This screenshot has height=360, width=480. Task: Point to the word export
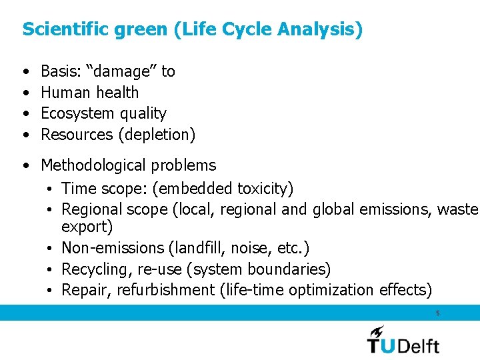[x=87, y=227]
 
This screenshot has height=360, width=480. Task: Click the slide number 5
[x=437, y=313]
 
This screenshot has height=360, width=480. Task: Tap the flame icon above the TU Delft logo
[x=377, y=331]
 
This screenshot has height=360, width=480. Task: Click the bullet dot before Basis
[x=25, y=72]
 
